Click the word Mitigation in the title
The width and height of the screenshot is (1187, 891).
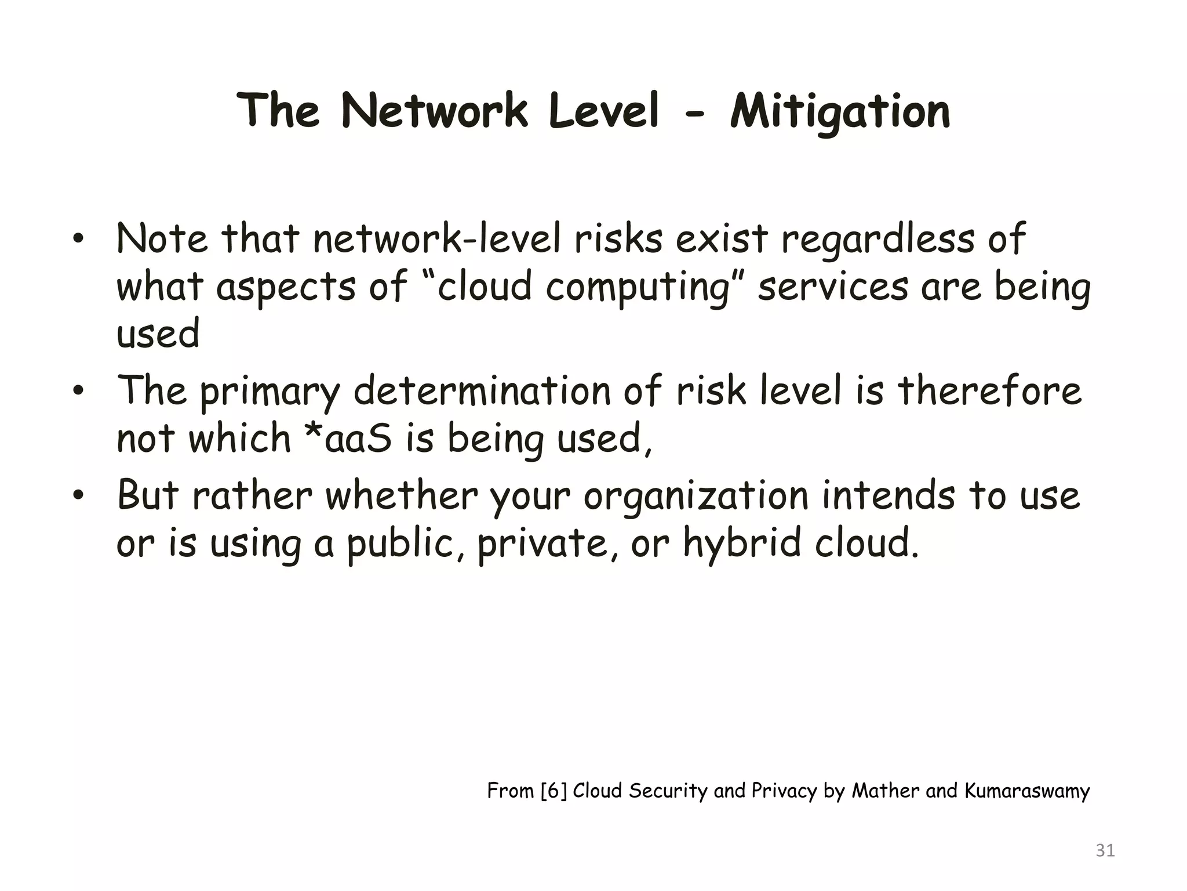840,112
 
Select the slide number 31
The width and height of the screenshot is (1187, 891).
1105,850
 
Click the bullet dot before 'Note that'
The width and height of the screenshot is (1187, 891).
79,240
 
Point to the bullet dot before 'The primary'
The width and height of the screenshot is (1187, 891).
79,391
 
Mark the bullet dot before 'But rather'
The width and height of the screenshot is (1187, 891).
79,496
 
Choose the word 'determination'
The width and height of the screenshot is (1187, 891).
482,391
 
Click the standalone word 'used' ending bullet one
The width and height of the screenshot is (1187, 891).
158,335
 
